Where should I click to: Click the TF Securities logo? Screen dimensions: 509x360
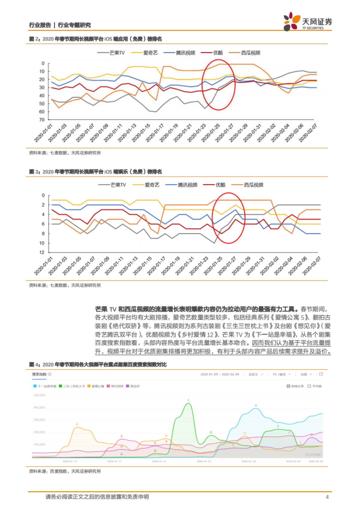(307, 22)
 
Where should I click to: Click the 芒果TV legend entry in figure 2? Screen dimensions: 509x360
(111, 53)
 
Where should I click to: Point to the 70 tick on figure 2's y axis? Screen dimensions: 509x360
(42, 120)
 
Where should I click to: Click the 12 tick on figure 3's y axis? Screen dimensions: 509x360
(42, 252)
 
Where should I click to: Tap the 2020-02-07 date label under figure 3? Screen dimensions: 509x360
(312, 266)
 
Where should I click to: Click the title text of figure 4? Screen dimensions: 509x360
(98, 365)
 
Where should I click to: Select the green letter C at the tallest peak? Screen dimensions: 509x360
(189, 400)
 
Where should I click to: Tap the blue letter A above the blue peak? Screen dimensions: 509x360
(256, 405)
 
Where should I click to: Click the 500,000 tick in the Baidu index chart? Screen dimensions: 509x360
(39, 395)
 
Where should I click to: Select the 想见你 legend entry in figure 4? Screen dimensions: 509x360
(133, 386)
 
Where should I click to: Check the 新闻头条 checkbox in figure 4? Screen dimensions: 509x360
(288, 386)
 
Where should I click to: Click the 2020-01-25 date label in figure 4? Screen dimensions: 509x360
(204, 461)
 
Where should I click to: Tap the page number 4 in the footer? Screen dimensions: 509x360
(327, 497)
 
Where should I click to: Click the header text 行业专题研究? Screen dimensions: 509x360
(74, 25)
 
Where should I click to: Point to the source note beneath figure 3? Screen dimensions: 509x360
(65, 285)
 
